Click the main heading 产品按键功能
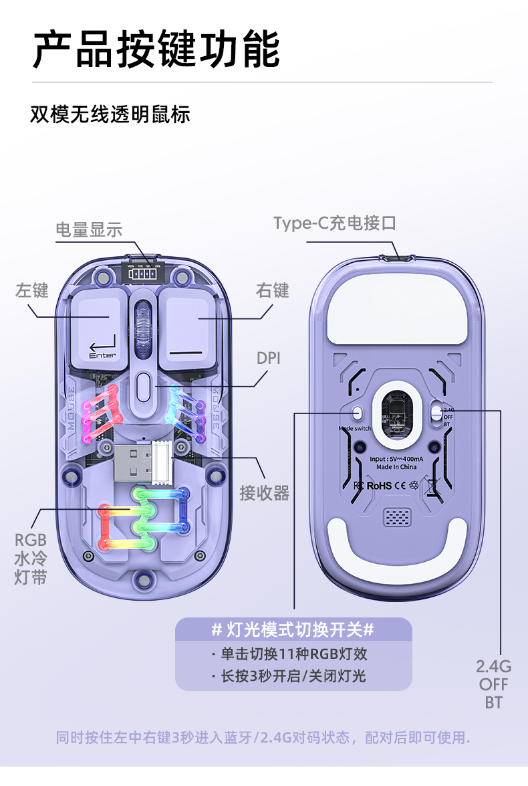(156, 49)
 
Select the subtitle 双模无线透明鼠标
(110, 114)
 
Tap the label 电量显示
(89, 230)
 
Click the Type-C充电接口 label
(334, 223)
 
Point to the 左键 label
(31, 290)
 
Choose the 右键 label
(272, 290)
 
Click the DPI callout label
(269, 358)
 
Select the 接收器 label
(264, 493)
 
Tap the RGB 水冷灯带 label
(31, 559)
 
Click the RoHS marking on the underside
(380, 485)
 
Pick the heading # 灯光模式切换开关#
(293, 629)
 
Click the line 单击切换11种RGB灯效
(293, 654)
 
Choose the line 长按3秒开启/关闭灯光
(293, 676)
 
